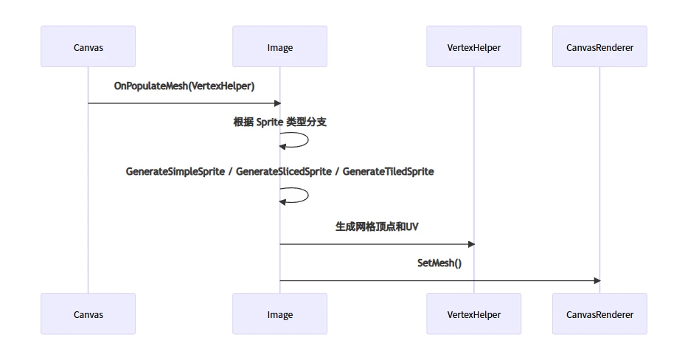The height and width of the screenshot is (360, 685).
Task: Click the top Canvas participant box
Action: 88,47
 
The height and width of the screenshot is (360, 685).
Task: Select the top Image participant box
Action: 279,47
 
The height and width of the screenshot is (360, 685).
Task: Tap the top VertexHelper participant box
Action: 473,47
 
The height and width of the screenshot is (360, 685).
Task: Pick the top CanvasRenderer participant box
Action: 599,47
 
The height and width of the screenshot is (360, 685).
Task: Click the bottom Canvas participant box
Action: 88,314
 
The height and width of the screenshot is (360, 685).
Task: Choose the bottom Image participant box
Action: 279,314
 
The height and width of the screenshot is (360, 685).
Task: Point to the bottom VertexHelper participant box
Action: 473,314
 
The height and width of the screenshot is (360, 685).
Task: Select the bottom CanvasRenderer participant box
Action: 599,314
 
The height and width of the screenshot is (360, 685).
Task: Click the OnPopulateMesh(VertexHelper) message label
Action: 184,86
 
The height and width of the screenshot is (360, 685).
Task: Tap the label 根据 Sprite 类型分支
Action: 279,122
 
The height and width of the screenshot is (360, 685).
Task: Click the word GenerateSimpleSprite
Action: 175,172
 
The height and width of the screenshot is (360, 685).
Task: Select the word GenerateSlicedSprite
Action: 284,172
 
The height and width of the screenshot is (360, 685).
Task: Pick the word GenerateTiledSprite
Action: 389,172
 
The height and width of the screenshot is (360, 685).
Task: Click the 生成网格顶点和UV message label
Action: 377,227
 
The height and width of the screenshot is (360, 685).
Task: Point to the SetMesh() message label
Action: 439,263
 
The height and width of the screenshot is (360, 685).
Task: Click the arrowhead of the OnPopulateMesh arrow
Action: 277,103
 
